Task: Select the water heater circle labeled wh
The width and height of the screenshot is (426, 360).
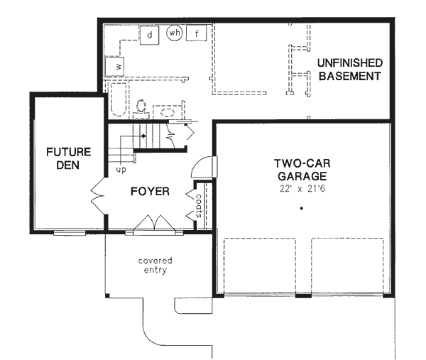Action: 175,33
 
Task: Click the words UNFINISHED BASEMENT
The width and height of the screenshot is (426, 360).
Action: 350,70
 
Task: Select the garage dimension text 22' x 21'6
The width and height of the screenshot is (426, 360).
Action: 301,188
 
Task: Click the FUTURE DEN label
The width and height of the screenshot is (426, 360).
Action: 68,158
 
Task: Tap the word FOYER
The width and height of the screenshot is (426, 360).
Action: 149,192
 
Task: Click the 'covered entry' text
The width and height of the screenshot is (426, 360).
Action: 155,266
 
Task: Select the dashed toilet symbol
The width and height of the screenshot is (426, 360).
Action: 141,107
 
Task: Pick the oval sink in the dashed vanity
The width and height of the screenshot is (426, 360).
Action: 168,111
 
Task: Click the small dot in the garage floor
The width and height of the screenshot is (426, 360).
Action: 301,209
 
